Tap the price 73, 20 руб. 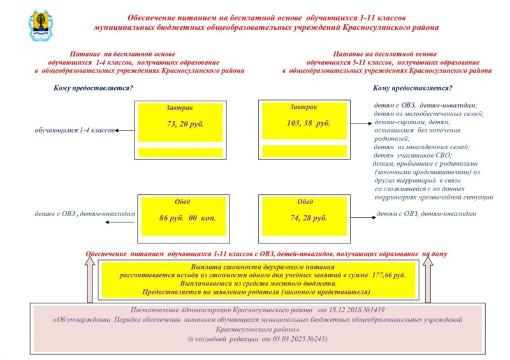[186, 124]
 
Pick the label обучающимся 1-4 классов [75, 131]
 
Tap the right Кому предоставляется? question [412, 88]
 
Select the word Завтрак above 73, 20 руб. [178, 108]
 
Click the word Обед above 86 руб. [182, 201]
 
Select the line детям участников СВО [412, 155]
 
